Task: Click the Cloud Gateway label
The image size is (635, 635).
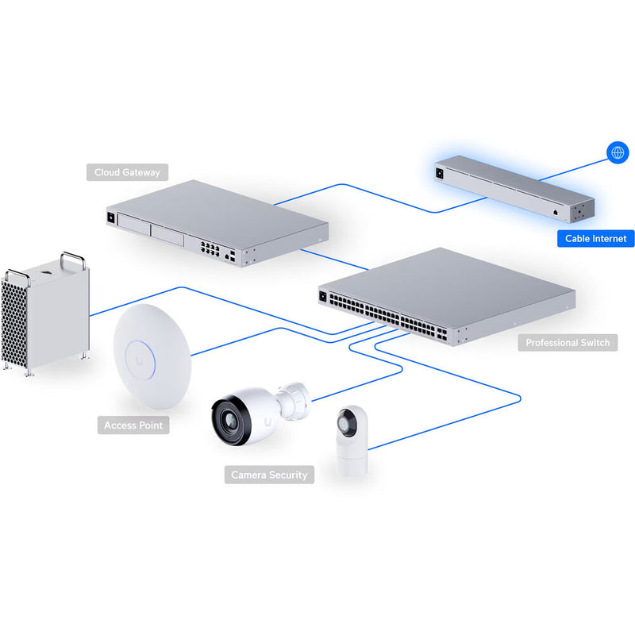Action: click(127, 172)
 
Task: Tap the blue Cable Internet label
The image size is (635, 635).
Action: click(595, 238)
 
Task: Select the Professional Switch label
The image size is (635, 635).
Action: click(568, 343)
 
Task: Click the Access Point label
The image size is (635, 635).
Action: click(133, 425)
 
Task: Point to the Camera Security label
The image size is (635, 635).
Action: click(269, 475)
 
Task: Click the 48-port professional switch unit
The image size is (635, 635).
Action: click(444, 294)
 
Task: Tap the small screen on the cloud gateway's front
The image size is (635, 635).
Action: click(111, 217)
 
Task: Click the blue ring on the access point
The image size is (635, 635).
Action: click(144, 364)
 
